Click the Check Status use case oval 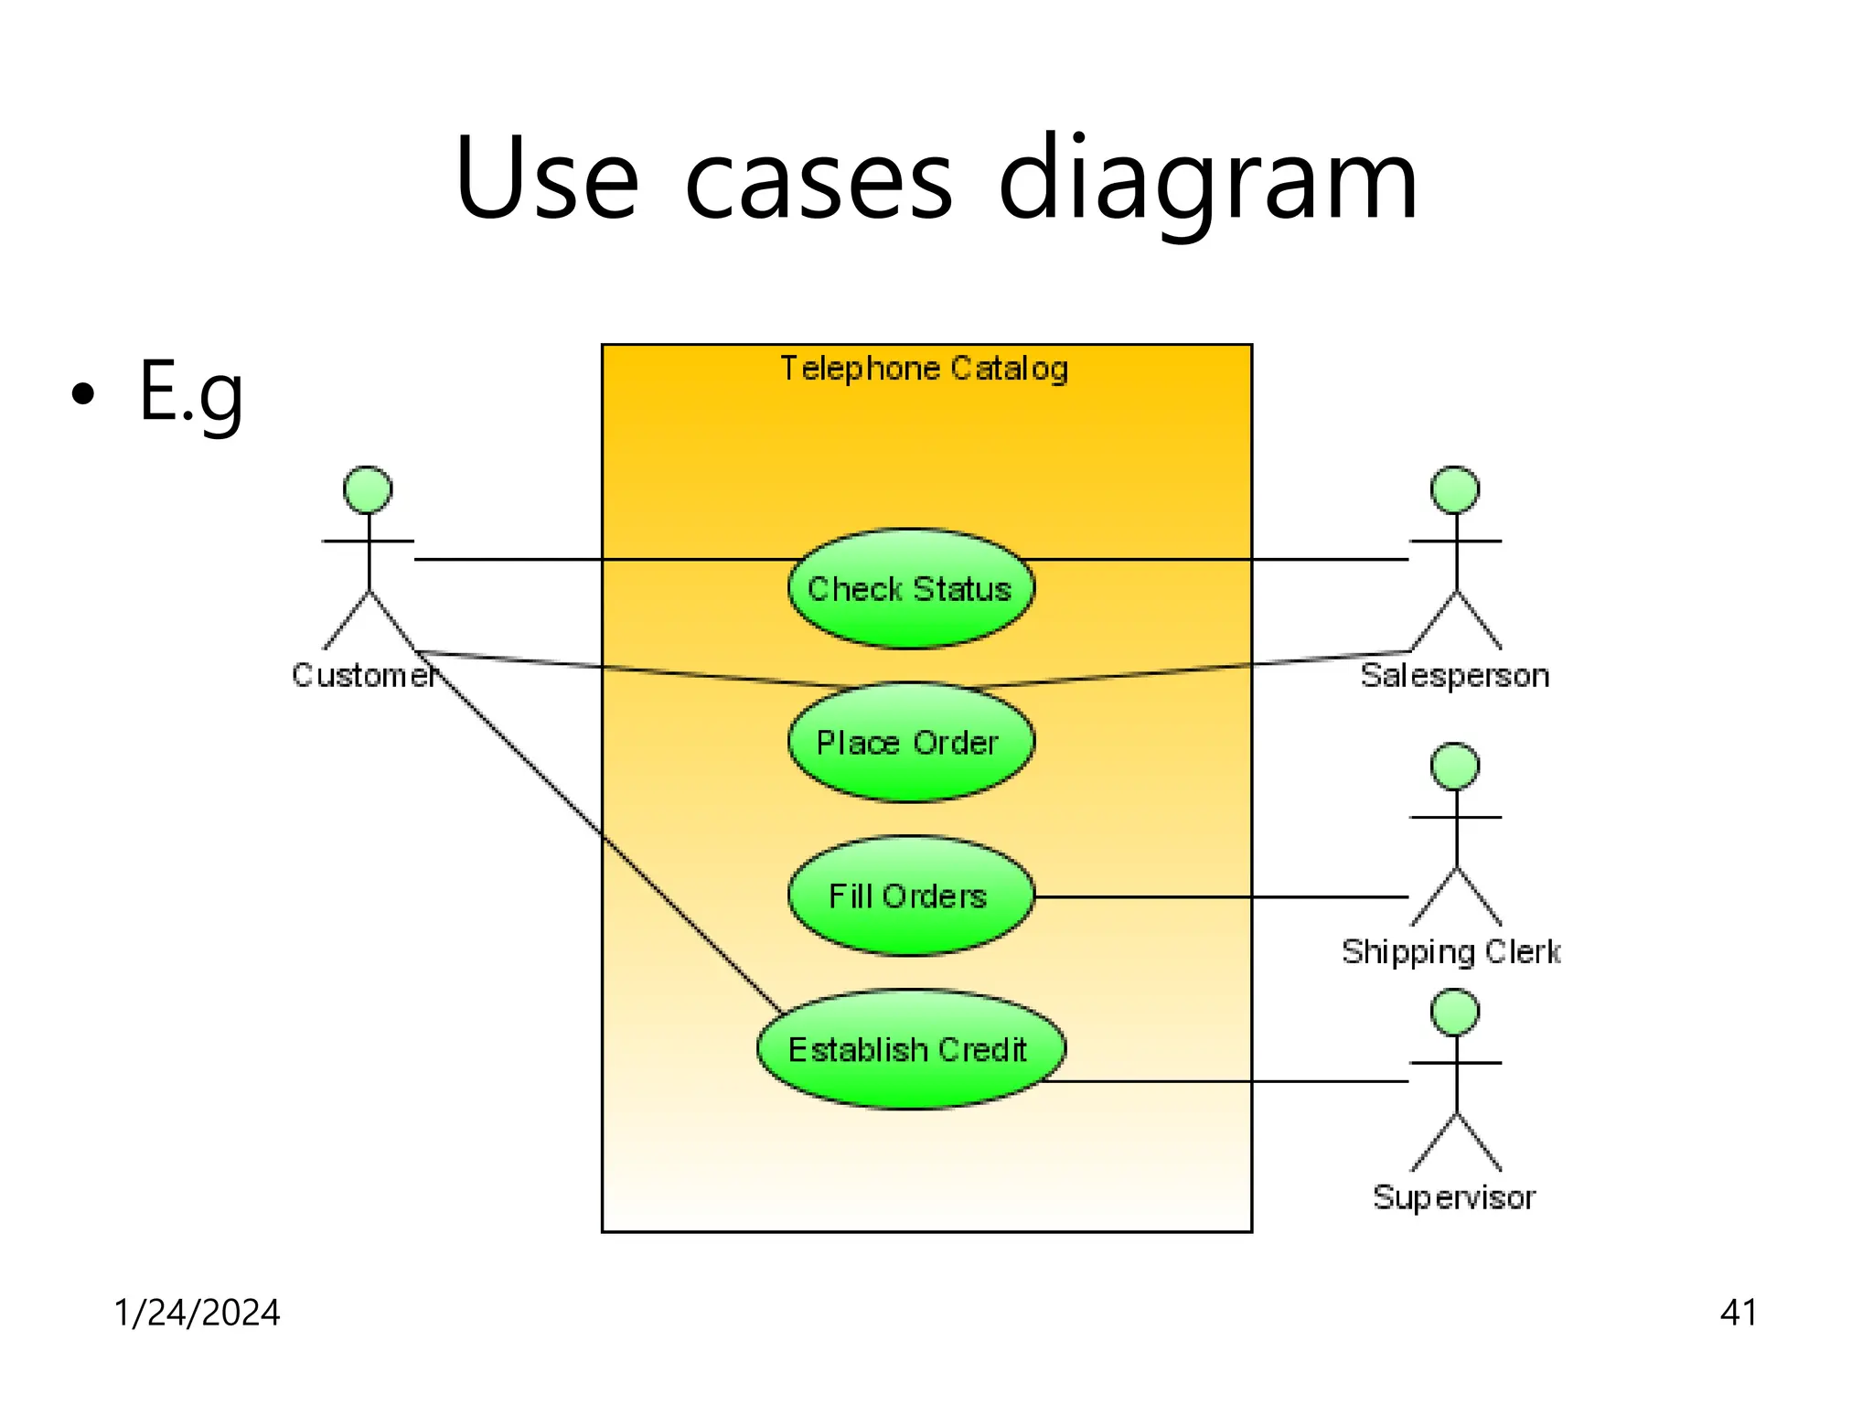tap(911, 589)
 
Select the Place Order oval tap(911, 743)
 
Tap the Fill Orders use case tap(911, 896)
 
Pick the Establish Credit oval tap(911, 1049)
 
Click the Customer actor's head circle tap(368, 490)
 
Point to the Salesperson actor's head tap(1455, 490)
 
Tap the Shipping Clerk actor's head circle tap(1455, 767)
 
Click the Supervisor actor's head tap(1455, 1013)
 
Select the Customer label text tap(362, 675)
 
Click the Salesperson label tap(1454, 675)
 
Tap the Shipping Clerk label tap(1450, 952)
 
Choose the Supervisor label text tap(1454, 1197)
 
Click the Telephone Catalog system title tap(924, 369)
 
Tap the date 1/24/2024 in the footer tap(197, 1313)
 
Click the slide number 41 tap(1738, 1313)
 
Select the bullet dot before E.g tap(82, 394)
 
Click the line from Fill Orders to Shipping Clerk tap(1225, 897)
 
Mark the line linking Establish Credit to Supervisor tap(1235, 1081)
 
